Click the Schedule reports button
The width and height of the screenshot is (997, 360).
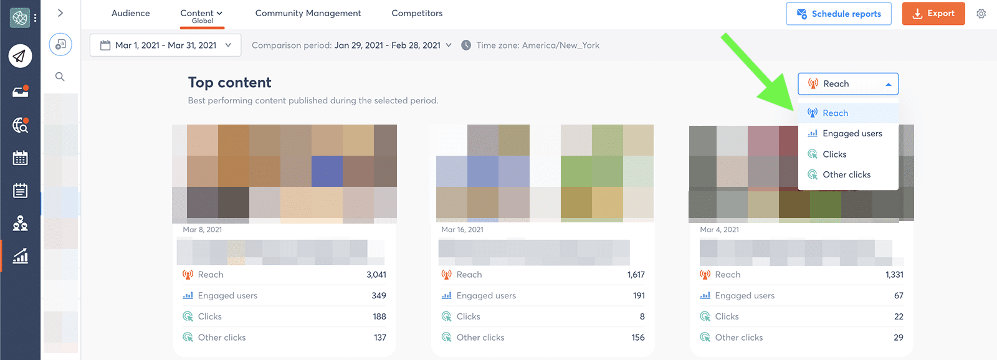click(838, 14)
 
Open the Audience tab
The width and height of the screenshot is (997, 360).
click(131, 13)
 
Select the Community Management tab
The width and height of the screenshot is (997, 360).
click(308, 13)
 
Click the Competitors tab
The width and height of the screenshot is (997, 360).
click(417, 13)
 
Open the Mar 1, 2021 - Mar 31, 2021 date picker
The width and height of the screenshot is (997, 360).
click(166, 45)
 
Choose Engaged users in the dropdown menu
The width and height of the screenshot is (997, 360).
click(852, 133)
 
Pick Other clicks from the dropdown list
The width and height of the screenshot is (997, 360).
click(846, 174)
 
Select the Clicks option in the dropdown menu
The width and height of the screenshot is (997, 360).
click(834, 154)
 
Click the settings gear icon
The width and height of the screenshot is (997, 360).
click(981, 14)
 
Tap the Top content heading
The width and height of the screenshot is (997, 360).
click(229, 83)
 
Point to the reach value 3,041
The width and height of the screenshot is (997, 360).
click(376, 275)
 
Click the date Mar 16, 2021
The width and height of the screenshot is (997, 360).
click(462, 230)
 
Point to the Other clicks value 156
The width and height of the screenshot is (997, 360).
click(637, 338)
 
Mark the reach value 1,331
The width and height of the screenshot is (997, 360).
click(894, 275)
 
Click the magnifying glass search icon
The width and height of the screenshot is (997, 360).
click(60, 77)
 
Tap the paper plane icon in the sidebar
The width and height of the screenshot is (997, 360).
click(20, 56)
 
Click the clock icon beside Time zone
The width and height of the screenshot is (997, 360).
click(466, 45)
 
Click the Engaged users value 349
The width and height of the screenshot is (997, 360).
click(379, 296)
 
